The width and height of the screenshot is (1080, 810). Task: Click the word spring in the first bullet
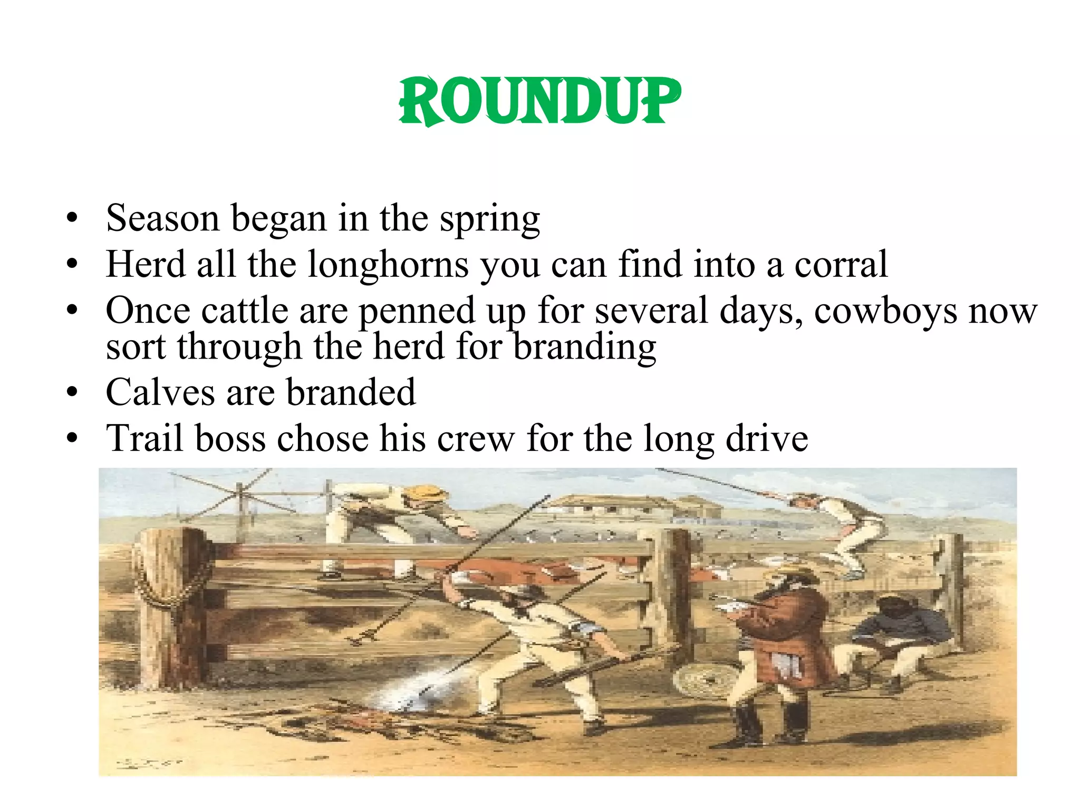tap(490, 219)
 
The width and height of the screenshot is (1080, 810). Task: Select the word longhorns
tap(388, 265)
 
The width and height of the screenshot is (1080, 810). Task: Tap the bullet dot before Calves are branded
tap(72, 393)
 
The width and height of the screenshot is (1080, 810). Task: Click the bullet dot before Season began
tap(72, 218)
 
